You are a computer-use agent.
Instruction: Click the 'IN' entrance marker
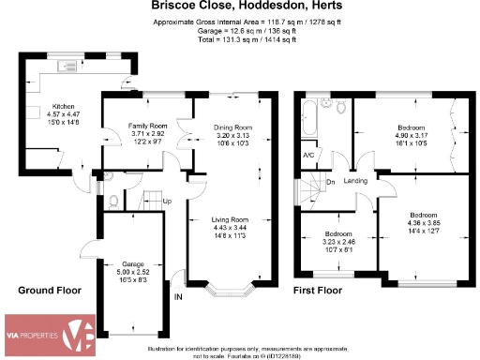coord(178,297)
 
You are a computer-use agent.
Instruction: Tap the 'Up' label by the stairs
coord(167,202)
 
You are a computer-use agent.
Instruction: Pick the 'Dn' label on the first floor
coord(329,182)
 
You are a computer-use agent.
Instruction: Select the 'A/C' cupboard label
coord(307,156)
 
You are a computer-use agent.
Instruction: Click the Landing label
coord(355,181)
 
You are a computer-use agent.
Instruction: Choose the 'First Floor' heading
coord(321,292)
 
